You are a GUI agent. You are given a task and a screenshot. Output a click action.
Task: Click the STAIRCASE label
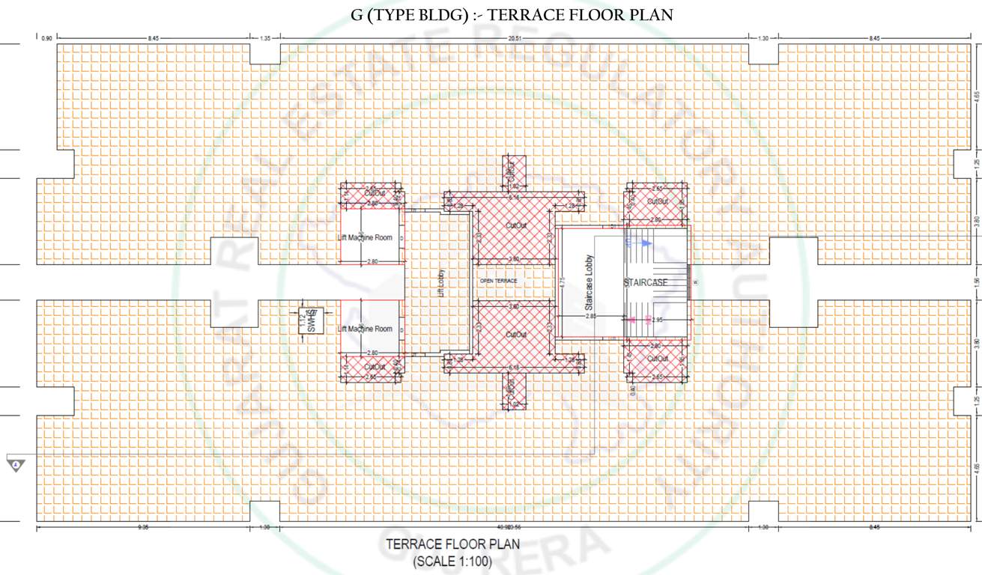[645, 282]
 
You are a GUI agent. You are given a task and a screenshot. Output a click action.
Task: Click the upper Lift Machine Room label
[365, 237]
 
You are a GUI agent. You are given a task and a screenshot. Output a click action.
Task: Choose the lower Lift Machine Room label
[365, 329]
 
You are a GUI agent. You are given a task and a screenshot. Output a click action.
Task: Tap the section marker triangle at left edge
[16, 465]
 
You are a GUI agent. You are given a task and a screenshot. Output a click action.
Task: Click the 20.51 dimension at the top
[512, 37]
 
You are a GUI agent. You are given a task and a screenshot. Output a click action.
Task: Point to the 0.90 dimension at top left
[47, 37]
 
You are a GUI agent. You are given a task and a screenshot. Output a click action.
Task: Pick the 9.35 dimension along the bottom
[143, 528]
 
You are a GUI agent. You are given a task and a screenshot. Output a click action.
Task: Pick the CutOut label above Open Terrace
[515, 225]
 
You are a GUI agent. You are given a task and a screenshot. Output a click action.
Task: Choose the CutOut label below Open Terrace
[515, 334]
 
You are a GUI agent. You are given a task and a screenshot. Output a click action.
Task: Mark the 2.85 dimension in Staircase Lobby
[591, 317]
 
